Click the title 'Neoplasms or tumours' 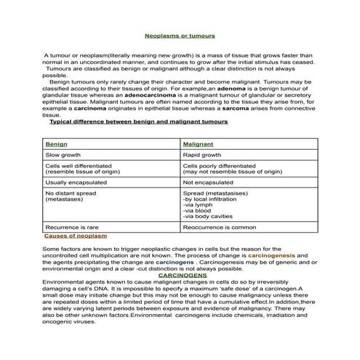tap(180, 34)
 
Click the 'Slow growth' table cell tap(64, 155)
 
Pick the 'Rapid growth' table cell tap(202, 155)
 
